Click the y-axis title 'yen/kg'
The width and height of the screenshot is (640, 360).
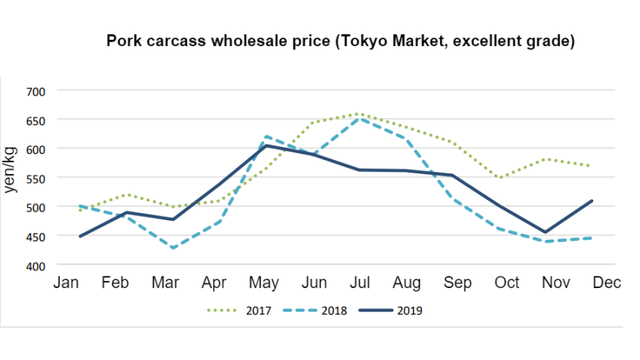click(9, 169)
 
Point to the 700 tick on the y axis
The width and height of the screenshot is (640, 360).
click(35, 92)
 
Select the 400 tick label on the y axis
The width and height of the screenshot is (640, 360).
click(35, 266)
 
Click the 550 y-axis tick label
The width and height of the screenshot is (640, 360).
click(35, 179)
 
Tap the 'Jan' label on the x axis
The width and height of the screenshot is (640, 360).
click(66, 283)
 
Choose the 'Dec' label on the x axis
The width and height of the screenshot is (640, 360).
click(607, 283)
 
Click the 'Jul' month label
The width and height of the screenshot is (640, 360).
click(360, 283)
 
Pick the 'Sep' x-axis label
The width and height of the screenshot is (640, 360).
click(457, 283)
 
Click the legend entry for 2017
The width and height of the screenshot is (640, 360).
click(239, 311)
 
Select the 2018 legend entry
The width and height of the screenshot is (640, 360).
click(315, 311)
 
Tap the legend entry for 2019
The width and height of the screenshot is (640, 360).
click(390, 311)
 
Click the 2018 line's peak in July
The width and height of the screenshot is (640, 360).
click(359, 119)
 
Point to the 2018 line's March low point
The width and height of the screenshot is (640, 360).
click(173, 248)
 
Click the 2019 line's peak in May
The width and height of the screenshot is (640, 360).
click(266, 145)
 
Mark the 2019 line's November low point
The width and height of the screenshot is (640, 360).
click(545, 232)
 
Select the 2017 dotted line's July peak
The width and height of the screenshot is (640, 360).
click(358, 114)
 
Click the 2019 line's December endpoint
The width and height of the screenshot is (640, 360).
click(592, 201)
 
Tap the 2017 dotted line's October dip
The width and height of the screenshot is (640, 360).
click(500, 177)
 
